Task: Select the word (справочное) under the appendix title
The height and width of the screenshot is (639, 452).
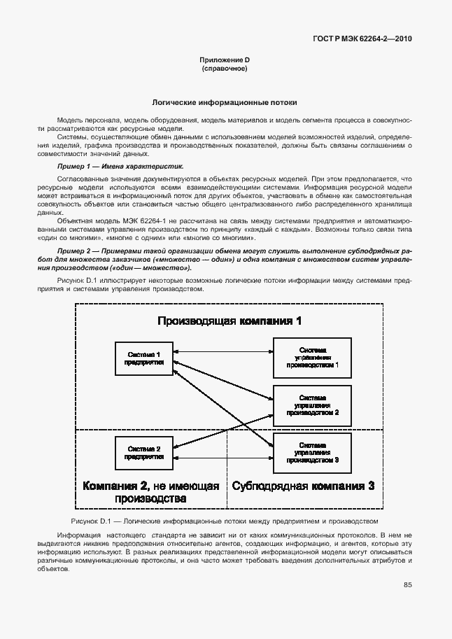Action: pos(225,69)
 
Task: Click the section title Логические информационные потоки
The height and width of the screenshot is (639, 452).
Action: pos(225,101)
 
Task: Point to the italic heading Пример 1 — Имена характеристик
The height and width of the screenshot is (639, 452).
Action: pos(120,167)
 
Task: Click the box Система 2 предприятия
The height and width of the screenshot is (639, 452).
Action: pos(143,452)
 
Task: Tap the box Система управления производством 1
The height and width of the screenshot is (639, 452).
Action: pos(313,356)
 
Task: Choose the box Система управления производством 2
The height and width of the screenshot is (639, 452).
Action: pos(313,404)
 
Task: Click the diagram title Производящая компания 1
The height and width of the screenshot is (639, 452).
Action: pos(229,321)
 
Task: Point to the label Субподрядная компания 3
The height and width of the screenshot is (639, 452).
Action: pos(303,486)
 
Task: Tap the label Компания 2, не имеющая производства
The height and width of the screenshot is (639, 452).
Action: pos(150,492)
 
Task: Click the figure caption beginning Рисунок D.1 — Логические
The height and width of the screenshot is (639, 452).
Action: pos(225,521)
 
